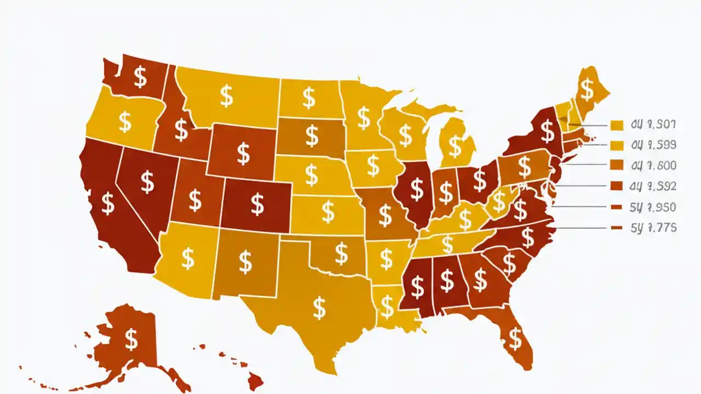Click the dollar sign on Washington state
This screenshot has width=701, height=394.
141,77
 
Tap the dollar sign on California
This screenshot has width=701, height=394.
108,204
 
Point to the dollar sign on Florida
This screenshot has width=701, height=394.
515,339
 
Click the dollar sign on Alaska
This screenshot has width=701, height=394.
131,340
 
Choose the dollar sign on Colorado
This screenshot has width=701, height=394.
257,204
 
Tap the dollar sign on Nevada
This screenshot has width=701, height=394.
147,182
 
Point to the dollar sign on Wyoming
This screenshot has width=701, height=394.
243,154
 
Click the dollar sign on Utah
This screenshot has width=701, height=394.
195,200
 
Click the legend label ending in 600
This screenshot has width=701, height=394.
653,165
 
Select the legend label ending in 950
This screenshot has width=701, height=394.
653,207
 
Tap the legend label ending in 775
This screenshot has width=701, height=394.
653,228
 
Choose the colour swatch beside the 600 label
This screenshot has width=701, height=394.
617,165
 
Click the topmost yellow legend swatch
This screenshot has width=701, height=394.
617,125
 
